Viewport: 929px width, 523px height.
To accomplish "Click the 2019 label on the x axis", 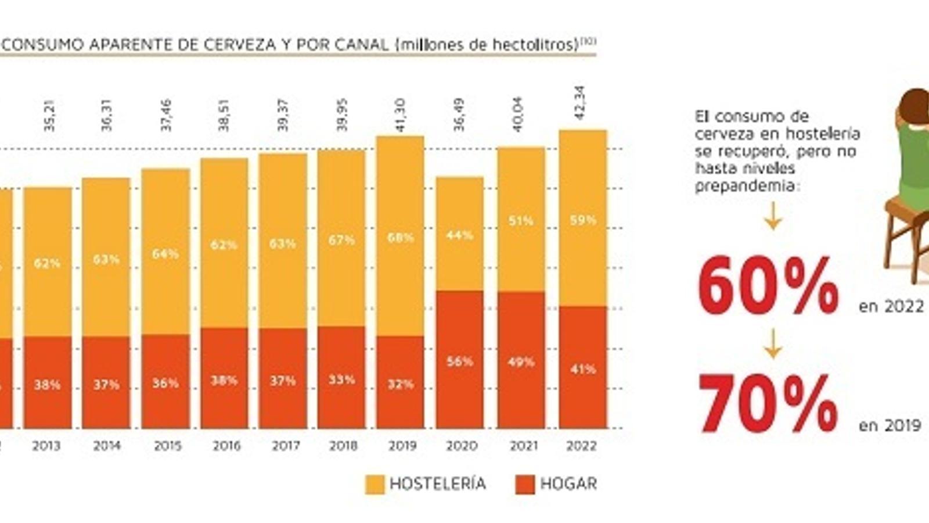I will (402, 446).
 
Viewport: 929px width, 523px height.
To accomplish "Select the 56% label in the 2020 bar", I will (460, 361).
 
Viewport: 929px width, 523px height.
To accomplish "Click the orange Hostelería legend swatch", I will (375, 484).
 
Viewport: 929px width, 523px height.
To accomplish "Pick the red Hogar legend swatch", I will (525, 484).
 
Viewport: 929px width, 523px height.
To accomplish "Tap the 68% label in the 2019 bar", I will (401, 238).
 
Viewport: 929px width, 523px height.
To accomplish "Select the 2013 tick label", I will (46, 446).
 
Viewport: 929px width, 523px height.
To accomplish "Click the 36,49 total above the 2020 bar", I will (459, 115).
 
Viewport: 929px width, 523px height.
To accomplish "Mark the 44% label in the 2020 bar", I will (460, 235).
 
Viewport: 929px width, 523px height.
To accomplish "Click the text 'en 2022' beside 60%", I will (891, 306).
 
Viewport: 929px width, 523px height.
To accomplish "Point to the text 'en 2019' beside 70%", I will (890, 425).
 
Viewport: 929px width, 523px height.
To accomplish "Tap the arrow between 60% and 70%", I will (772, 344).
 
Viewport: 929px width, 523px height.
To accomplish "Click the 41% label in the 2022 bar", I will (583, 369).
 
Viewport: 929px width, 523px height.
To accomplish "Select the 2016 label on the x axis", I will (226, 446).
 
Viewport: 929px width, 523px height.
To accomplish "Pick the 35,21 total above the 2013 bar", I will (49, 115).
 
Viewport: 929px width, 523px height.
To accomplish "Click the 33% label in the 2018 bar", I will (341, 380).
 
